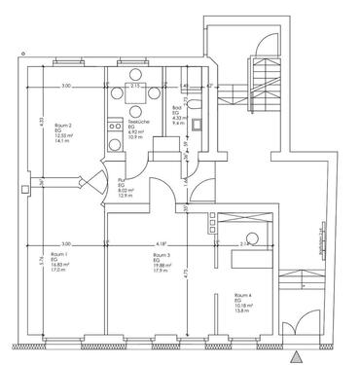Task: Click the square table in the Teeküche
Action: point(134,95)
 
